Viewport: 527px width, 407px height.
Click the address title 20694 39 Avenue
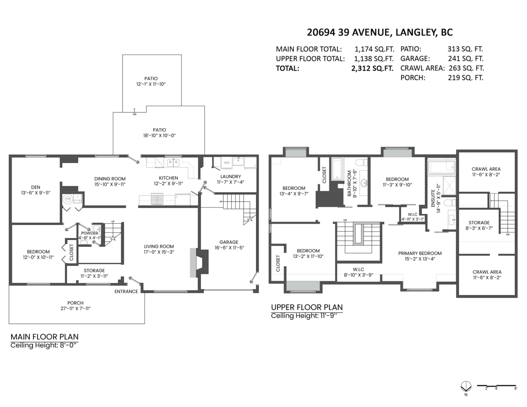point(380,32)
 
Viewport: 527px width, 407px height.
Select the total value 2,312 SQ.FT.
point(372,68)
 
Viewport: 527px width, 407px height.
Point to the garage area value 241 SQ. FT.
point(466,59)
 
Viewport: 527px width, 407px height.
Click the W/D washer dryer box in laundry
point(226,163)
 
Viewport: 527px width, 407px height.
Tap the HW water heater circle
point(68,199)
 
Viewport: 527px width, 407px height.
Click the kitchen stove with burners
point(158,200)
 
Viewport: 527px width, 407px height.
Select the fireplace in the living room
point(199,262)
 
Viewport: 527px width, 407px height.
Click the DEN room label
point(36,187)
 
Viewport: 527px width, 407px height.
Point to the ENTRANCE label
point(126,292)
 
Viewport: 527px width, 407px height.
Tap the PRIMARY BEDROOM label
point(420,253)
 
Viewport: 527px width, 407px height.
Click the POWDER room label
point(90,233)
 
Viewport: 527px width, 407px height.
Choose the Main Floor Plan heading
point(45,337)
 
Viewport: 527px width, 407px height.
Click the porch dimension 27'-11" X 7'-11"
point(76,308)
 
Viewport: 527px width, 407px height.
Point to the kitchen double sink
point(173,163)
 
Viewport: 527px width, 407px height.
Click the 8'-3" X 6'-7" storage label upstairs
point(479,228)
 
